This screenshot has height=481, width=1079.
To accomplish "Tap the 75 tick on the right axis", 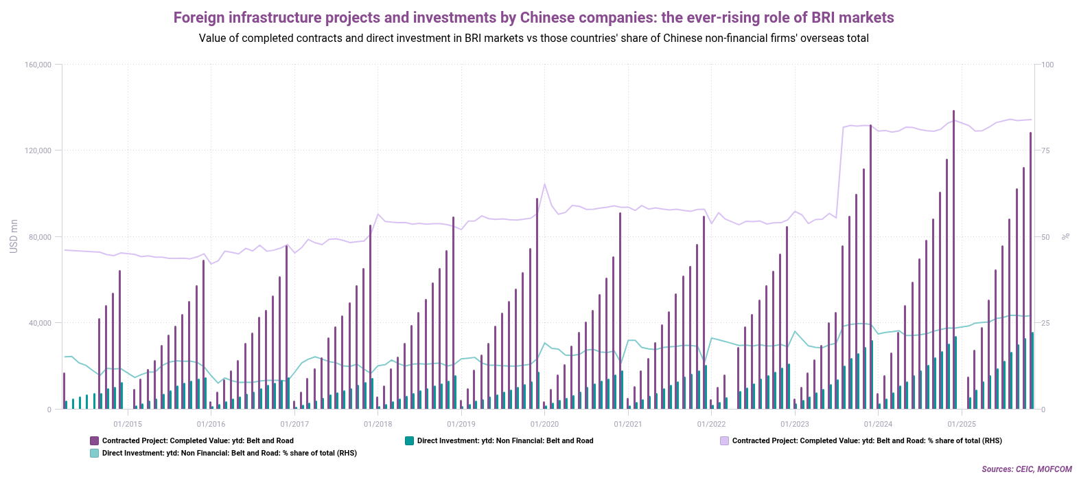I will [x=1047, y=150].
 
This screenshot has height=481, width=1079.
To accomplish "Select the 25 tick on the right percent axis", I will [x=1047, y=323].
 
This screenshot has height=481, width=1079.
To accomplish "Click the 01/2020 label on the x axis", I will [x=544, y=424].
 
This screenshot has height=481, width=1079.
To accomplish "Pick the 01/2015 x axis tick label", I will [x=128, y=424].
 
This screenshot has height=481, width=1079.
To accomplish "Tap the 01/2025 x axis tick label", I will [x=962, y=424].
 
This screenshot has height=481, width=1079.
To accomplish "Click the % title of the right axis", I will [x=1066, y=236].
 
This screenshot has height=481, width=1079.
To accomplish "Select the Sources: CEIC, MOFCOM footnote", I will [x=1026, y=469].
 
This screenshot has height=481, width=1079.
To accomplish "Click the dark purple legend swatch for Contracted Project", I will [x=94, y=440].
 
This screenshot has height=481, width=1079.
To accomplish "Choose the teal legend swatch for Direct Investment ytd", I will [x=409, y=440].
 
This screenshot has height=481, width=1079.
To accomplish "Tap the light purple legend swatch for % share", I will [x=724, y=440].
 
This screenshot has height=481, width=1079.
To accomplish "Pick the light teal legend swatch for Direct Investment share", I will [x=94, y=453].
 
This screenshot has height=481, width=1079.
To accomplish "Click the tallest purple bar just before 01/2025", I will [x=953, y=261].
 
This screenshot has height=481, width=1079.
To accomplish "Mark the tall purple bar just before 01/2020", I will [x=537, y=302].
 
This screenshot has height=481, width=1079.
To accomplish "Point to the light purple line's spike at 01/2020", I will [x=544, y=184].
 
